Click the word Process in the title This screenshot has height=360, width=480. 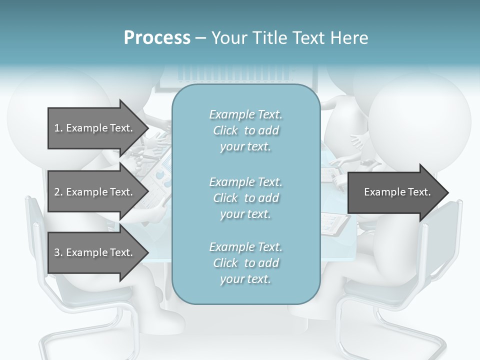click(157, 38)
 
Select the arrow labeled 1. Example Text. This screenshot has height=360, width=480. click(95, 128)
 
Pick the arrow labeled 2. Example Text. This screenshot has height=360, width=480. click(95, 192)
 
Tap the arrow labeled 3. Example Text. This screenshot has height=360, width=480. click(95, 252)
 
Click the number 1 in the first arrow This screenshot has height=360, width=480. click(57, 128)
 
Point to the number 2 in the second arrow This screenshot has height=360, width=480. click(57, 192)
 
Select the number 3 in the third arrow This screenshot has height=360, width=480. click(57, 252)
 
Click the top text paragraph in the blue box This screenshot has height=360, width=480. click(245, 130)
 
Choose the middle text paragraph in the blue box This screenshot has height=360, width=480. click(245, 198)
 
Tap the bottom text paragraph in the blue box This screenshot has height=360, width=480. click(245, 263)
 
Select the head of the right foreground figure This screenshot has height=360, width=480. click(420, 115)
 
